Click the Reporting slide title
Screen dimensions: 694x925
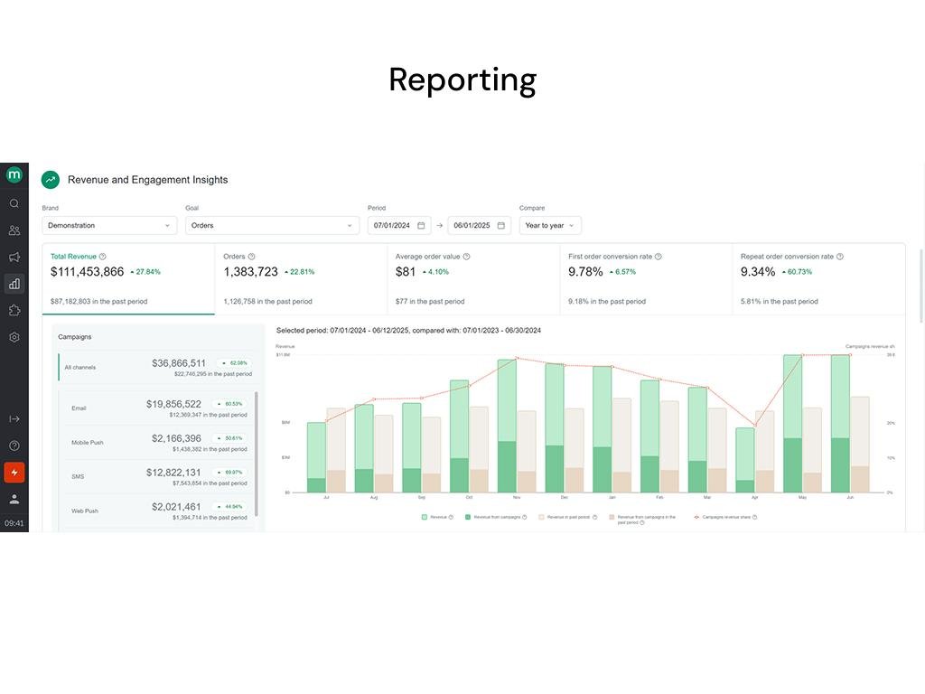coord(462,80)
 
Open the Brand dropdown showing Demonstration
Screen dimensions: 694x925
coord(108,225)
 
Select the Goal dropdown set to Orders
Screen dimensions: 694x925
coord(272,225)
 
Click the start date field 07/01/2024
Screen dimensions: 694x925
coord(398,225)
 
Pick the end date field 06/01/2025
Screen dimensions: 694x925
coord(479,225)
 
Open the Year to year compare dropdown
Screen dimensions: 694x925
coord(549,225)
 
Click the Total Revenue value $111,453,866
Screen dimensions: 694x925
coord(88,271)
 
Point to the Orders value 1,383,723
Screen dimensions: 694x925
coord(251,271)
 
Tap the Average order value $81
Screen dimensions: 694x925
coord(406,271)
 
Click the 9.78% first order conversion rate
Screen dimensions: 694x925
coord(585,271)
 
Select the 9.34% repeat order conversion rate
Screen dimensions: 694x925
coord(758,271)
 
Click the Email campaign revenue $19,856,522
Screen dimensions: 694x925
coord(173,404)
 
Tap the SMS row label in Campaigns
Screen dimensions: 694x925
coord(78,476)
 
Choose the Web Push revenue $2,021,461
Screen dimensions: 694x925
coord(176,507)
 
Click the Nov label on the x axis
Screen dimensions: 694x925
coord(516,497)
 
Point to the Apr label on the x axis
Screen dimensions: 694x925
coord(754,497)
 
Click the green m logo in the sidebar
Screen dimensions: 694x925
coord(14,174)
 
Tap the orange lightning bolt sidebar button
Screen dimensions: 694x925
coord(14,472)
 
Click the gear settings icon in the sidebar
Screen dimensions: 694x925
coord(14,337)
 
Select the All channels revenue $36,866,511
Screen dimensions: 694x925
coord(179,363)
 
